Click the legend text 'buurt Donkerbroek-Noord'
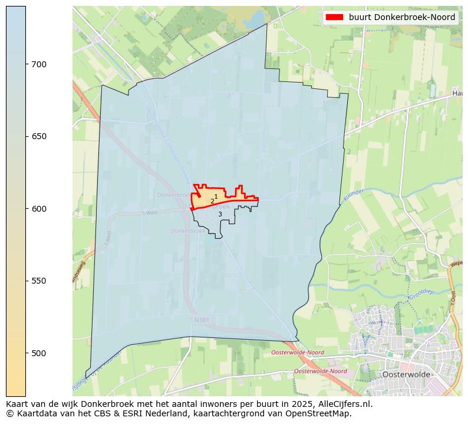pyautogui.click(x=402, y=17)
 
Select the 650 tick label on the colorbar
pyautogui.click(x=39, y=136)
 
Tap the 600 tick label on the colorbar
pyautogui.click(x=39, y=209)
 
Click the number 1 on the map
pyautogui.click(x=216, y=196)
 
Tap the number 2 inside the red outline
pyautogui.click(x=212, y=201)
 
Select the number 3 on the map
pyautogui.click(x=220, y=214)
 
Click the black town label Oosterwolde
pyautogui.click(x=406, y=374)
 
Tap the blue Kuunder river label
pyautogui.click(x=353, y=196)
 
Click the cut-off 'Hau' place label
pyautogui.click(x=457, y=93)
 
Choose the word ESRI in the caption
pyautogui.click(x=132, y=413)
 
